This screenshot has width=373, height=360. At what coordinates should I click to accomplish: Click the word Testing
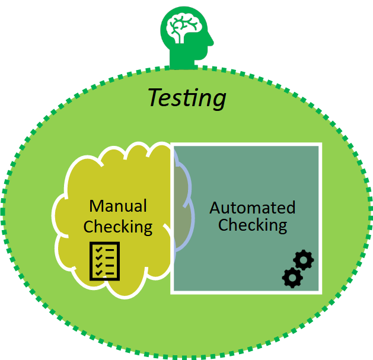click(187, 98)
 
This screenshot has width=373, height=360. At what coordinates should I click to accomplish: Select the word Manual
click(118, 206)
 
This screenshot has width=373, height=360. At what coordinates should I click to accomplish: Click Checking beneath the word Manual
click(118, 227)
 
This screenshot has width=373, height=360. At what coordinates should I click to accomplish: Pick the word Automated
click(252, 208)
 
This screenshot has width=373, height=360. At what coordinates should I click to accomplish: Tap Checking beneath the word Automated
click(252, 225)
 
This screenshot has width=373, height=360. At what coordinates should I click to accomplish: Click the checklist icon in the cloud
click(104, 260)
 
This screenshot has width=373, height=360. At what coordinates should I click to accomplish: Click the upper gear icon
click(304, 260)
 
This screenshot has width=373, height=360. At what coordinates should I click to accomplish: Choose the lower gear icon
click(291, 278)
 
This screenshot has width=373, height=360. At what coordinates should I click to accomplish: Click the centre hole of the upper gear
click(304, 260)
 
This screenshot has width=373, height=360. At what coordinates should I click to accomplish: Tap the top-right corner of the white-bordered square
click(320, 145)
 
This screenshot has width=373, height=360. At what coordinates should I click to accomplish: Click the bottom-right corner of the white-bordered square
click(320, 292)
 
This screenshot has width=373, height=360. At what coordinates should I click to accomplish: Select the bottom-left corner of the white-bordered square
click(173, 292)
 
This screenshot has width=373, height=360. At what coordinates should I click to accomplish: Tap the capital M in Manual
click(96, 206)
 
